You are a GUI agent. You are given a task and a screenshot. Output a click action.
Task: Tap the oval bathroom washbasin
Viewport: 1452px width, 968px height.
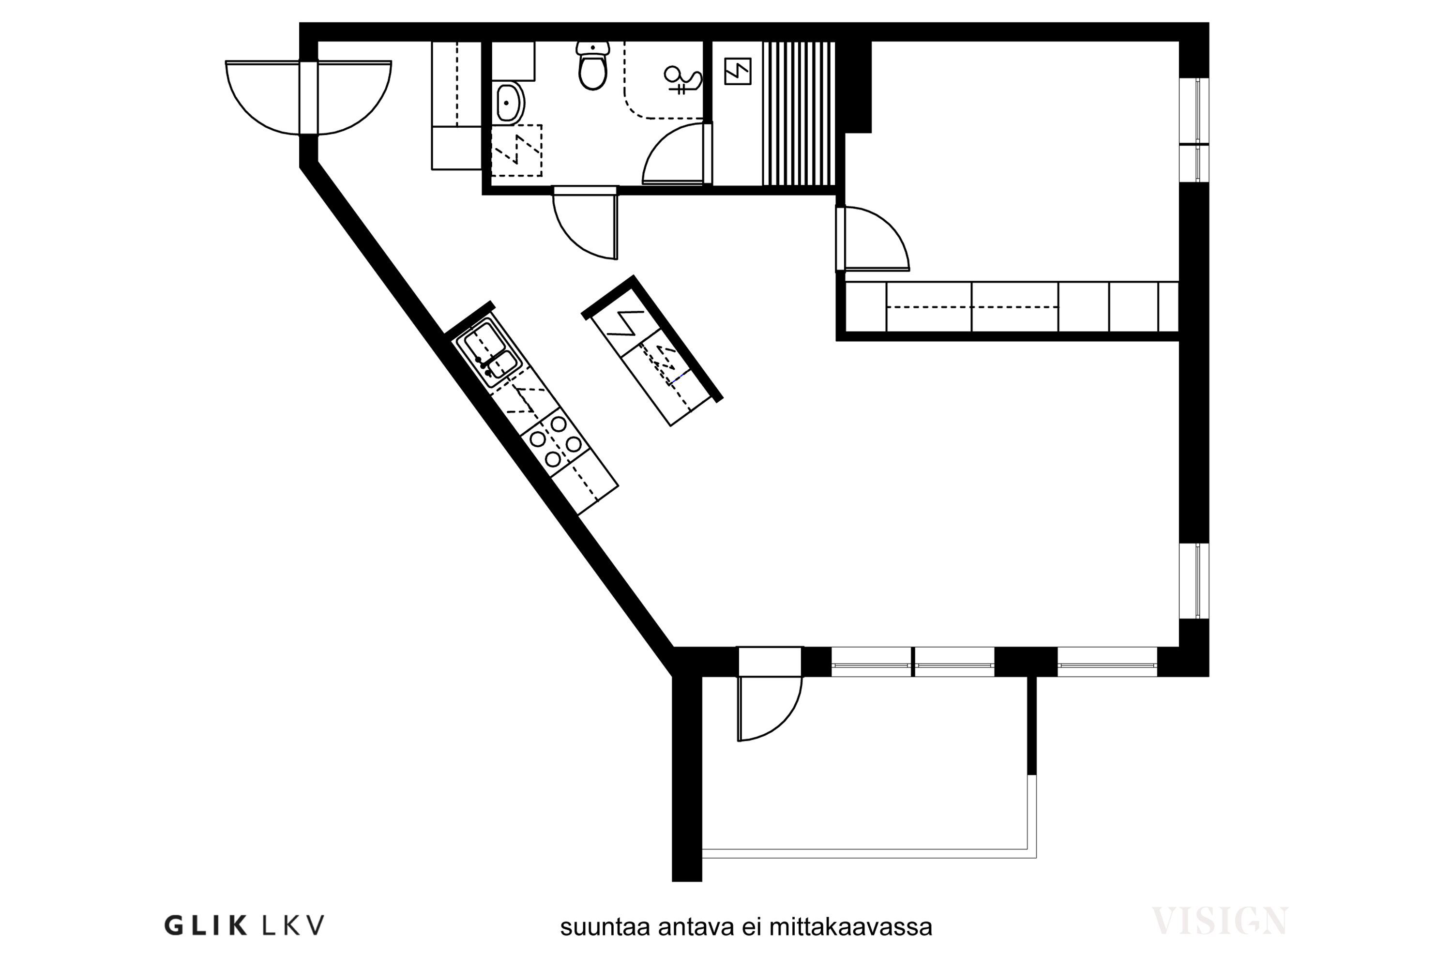click(509, 103)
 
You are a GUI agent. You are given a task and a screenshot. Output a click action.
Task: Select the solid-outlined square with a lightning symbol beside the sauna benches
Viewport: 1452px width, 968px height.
click(738, 72)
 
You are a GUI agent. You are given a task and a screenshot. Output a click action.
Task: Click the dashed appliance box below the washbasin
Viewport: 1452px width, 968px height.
click(517, 151)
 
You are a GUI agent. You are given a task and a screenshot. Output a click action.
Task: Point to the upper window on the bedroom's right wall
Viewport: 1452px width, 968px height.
click(1194, 130)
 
